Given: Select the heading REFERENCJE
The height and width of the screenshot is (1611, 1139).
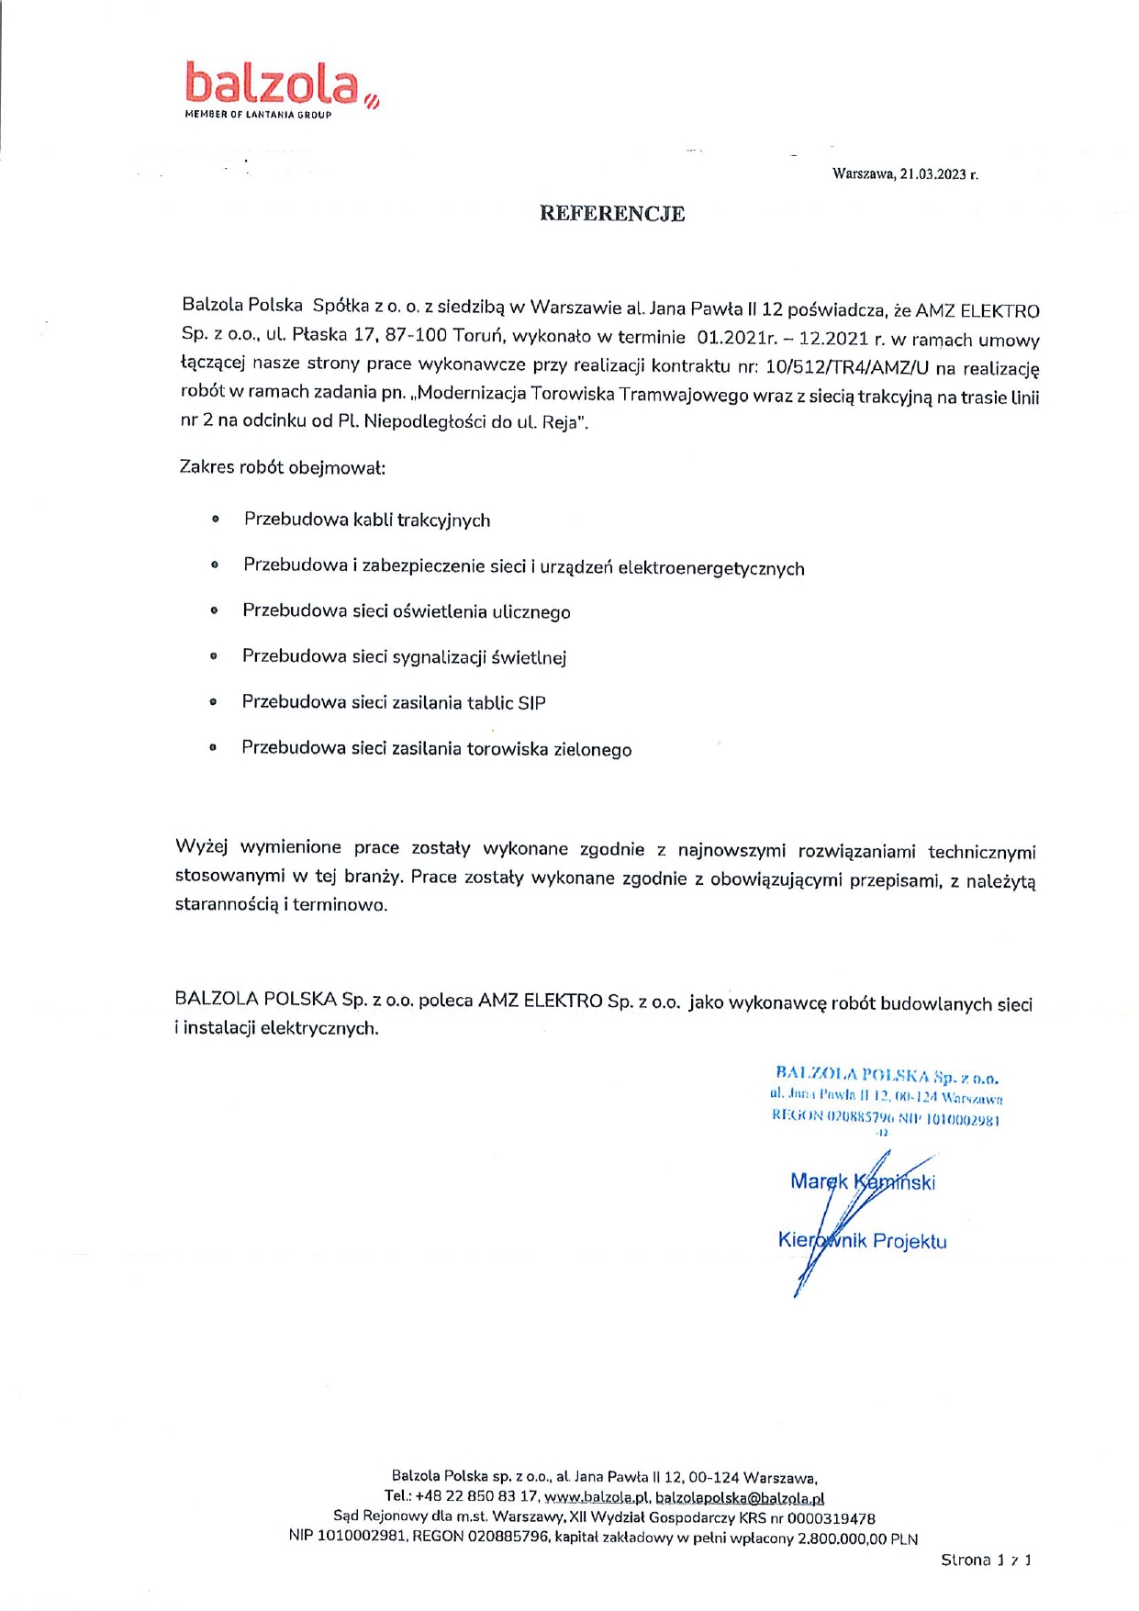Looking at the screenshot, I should (x=611, y=214).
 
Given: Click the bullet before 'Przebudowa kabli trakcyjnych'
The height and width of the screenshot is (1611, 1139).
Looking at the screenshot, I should (x=216, y=520).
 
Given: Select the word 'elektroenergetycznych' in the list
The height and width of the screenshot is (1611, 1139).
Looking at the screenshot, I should (x=711, y=569).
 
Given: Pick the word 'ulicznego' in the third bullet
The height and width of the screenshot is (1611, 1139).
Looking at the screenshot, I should (x=531, y=612).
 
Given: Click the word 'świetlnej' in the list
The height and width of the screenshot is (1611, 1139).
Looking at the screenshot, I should (x=529, y=657).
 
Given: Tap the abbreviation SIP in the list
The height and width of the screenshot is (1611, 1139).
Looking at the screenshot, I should (x=531, y=703).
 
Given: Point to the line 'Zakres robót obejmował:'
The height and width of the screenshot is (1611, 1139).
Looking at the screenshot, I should (x=283, y=467).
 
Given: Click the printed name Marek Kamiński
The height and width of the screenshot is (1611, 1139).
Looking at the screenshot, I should (x=862, y=1182).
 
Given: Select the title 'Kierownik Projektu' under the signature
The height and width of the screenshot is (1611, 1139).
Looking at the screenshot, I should (x=862, y=1241).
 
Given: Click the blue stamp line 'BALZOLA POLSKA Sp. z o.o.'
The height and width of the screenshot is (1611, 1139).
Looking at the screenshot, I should (x=887, y=1075).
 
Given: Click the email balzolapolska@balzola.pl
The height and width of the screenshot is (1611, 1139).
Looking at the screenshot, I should (x=740, y=1498).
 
